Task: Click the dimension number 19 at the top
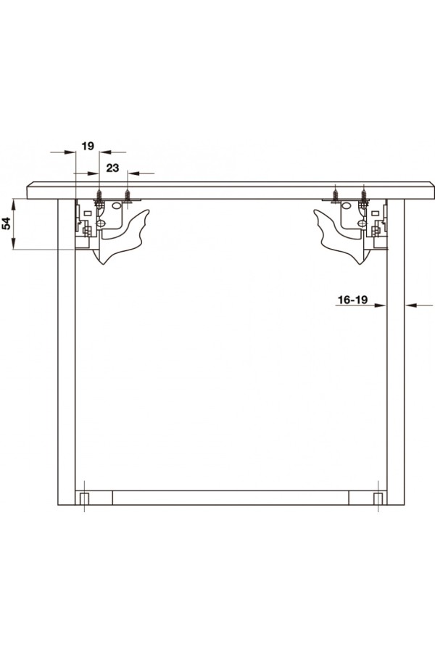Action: [x=88, y=146]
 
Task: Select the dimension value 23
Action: [x=112, y=168]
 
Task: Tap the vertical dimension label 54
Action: [x=7, y=224]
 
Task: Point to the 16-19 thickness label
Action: [x=352, y=300]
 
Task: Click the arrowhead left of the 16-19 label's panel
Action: [x=381, y=305]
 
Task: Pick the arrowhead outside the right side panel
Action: [x=410, y=305]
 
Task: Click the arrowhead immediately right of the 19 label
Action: [x=106, y=152]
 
